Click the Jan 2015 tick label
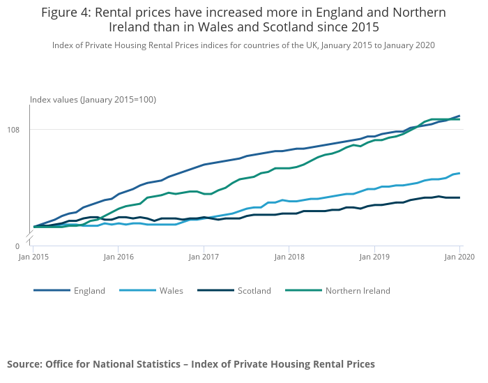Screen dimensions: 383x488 (33, 257)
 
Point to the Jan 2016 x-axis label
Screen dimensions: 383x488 (119, 257)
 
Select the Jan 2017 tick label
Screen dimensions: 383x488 (204, 257)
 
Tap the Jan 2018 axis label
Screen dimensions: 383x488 (289, 257)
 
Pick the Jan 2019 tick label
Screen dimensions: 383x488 (374, 257)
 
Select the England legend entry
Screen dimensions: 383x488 (89, 290)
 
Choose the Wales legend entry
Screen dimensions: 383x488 (171, 290)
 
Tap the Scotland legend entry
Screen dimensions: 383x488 (254, 290)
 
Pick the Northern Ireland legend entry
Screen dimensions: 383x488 (358, 290)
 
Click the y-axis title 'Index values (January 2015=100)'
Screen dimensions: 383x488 (93, 100)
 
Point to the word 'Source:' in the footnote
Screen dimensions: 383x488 (24, 363)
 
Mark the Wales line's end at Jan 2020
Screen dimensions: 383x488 (459, 173)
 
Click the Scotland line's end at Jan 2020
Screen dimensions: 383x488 (459, 197)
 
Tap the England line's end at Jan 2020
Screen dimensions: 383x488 (459, 116)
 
